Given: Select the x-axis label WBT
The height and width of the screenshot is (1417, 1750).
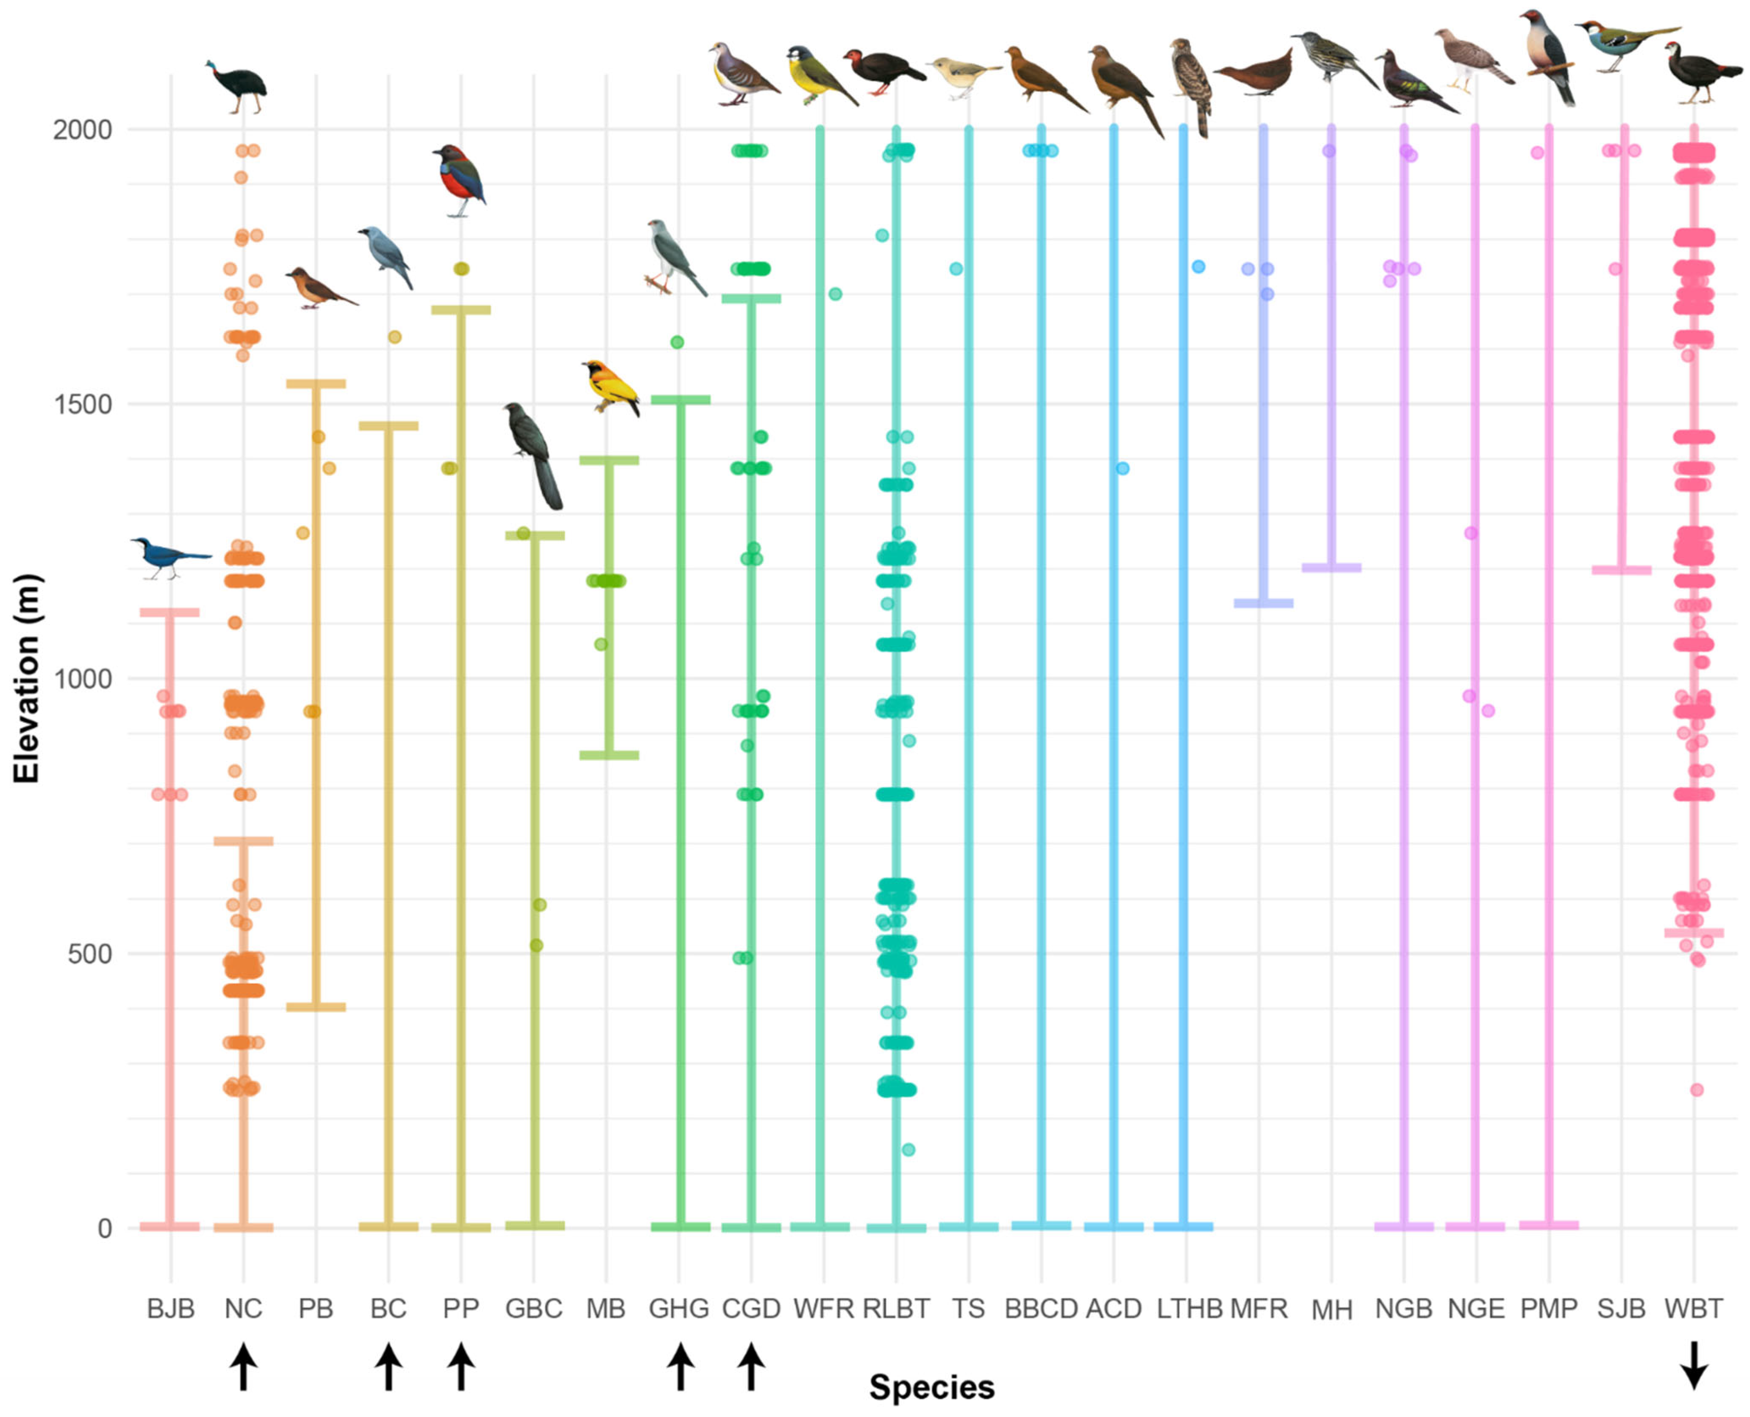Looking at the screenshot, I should [x=1694, y=1309].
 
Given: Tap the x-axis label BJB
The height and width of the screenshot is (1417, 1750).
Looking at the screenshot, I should [x=171, y=1309].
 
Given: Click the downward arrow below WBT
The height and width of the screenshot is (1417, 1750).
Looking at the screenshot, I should [x=1694, y=1365].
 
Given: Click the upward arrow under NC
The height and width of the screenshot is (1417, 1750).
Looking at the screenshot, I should [x=243, y=1367].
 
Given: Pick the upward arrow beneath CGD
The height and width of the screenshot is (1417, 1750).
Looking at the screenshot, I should [x=751, y=1367].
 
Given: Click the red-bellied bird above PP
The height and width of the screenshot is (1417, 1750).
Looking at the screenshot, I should [x=460, y=180].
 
